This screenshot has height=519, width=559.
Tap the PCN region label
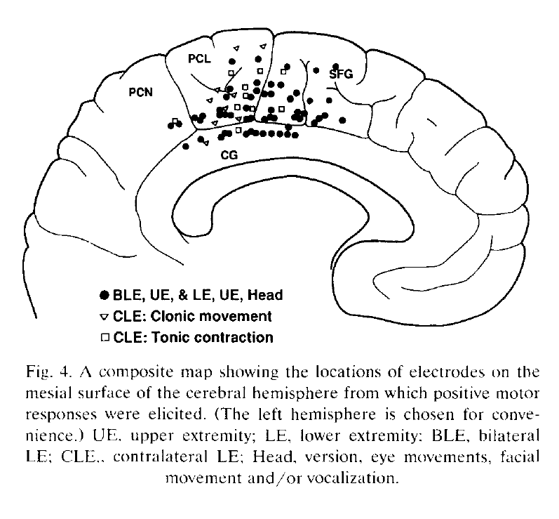pos(142,92)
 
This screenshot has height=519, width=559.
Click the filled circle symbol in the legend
pos(105,294)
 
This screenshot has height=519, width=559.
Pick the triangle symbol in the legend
pos(105,316)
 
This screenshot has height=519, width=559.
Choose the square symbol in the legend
pos(105,338)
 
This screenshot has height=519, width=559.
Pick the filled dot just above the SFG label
pos(336,65)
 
